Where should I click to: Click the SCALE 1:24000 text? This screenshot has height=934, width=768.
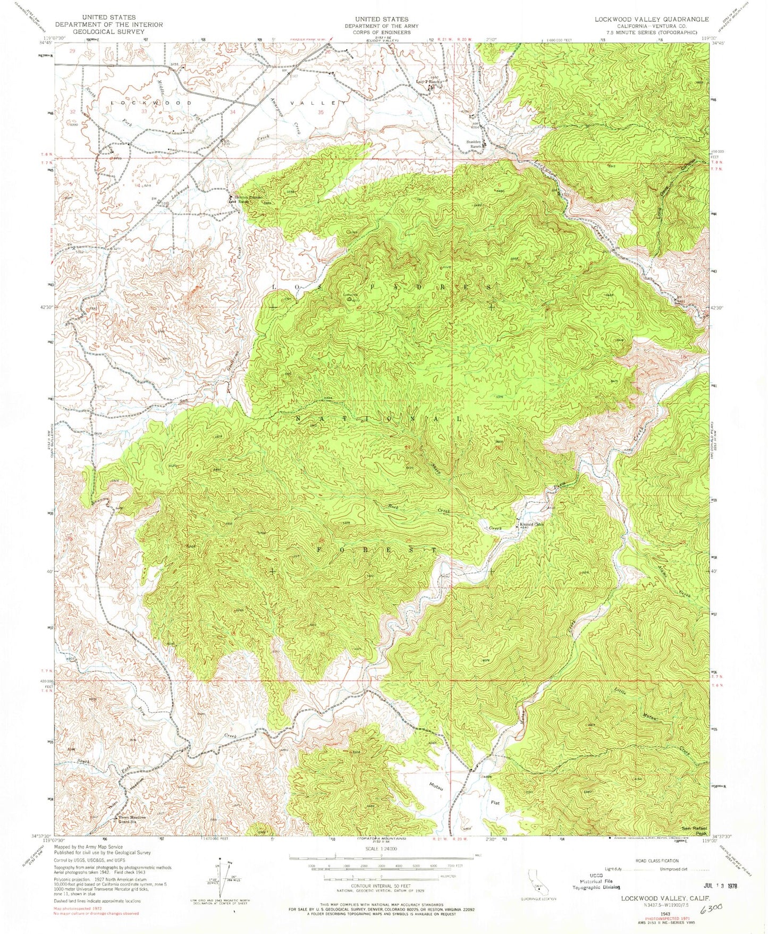point(381,848)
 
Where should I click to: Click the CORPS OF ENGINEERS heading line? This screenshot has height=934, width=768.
point(381,32)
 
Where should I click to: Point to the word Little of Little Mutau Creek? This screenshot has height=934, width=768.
point(621,691)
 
